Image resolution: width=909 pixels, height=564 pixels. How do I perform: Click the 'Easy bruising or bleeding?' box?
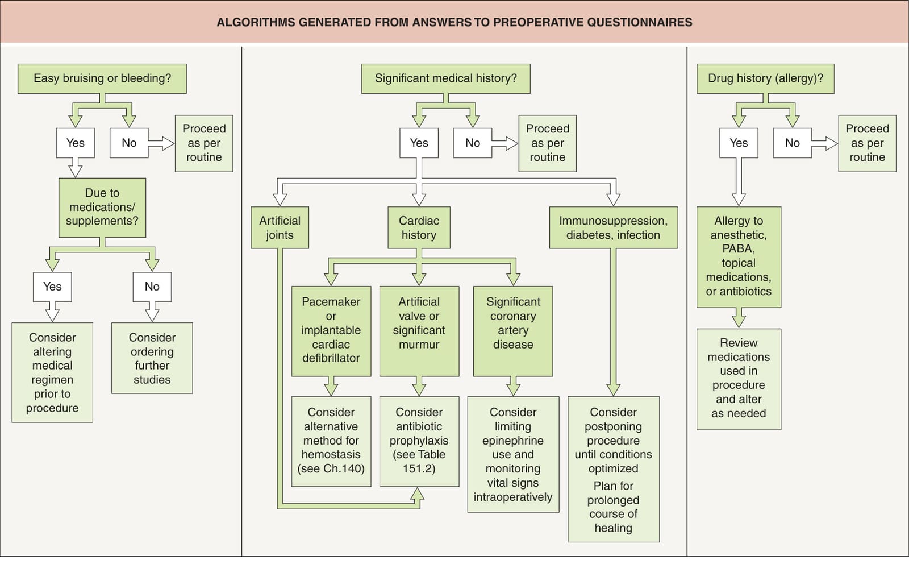point(102,78)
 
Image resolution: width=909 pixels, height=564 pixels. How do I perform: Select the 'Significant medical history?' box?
point(445,78)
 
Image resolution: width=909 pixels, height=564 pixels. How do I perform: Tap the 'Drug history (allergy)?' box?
point(765,78)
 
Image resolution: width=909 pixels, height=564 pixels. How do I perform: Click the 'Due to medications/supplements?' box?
point(102,207)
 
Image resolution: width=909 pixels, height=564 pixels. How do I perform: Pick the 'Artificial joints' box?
point(280,227)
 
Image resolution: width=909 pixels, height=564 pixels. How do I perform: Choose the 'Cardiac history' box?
point(419,227)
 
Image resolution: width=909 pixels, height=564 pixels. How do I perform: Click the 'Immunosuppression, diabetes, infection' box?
point(613,227)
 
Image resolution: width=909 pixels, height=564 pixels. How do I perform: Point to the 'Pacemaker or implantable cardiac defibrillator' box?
point(331,331)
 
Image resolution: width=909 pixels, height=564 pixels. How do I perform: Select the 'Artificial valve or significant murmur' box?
point(419,331)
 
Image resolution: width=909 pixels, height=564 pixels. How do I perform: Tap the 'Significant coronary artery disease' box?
point(513,331)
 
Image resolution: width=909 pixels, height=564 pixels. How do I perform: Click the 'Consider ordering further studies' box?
point(152,358)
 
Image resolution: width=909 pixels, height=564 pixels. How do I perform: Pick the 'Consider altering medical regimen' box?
point(52,372)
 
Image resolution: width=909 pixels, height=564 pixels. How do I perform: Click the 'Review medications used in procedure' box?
point(739,379)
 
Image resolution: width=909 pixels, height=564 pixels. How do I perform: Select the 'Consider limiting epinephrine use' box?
point(513,454)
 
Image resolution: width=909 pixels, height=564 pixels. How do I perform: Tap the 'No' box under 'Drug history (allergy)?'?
point(792,143)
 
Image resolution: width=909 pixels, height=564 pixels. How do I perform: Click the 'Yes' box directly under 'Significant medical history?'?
point(419,143)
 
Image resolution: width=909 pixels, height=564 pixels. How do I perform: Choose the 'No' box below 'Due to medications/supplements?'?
point(152,287)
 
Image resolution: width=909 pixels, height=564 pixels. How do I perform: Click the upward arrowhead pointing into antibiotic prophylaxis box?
point(417,493)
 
